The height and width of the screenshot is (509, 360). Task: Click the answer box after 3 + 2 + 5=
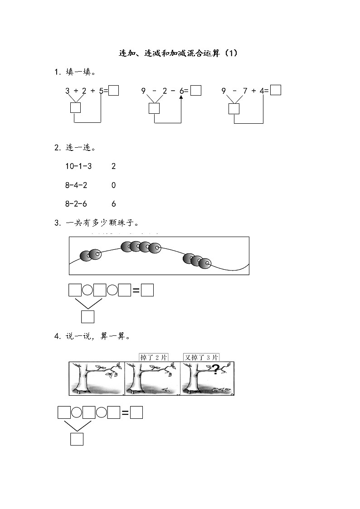114,90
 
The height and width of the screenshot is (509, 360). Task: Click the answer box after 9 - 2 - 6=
196,90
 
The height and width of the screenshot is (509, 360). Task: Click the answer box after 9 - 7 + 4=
276,90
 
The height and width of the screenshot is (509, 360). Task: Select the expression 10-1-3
78,166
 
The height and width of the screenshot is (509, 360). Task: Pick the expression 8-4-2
76,185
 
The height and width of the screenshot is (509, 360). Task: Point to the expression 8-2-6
76,204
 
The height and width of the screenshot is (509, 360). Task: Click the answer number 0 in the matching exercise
114,185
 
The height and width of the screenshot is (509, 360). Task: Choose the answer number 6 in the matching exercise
114,204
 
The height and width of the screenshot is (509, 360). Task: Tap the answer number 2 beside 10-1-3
114,166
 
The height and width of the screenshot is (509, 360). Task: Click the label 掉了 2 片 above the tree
153,358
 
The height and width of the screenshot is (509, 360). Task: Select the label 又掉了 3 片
201,358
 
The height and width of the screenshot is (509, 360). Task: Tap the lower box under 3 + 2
76,108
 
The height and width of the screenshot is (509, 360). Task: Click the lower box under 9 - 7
234,109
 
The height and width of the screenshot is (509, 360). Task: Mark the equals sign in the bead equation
136,291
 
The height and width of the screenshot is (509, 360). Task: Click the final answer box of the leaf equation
136,412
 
